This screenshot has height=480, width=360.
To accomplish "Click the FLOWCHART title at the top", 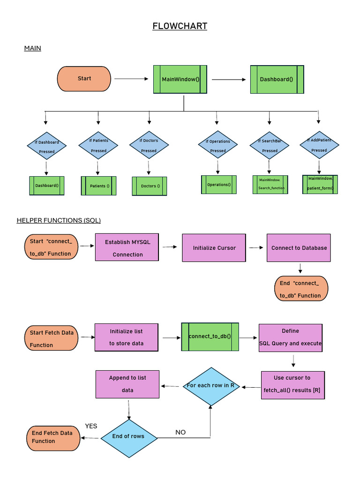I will tap(180, 26).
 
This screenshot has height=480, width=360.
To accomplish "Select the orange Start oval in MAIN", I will tap(84, 79).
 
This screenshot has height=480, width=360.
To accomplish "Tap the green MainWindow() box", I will tap(181, 79).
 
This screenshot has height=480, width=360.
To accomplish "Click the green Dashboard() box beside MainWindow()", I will tap(277, 79).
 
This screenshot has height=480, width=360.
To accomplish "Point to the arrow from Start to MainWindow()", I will tap(131, 79).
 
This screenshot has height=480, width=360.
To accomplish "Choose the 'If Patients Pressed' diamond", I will tap(98, 146).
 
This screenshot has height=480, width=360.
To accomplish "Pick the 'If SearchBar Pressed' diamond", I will tap(270, 146).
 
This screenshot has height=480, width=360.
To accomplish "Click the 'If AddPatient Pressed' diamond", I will tap(319, 145).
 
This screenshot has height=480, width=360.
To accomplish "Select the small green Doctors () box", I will tap(150, 186).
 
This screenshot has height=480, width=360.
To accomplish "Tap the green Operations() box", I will tap(219, 185).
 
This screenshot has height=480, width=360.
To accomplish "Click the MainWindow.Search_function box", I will tap(270, 184).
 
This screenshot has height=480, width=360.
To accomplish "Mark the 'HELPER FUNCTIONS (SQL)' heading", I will tap(59, 220).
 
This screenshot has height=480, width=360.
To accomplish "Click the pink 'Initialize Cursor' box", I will tap(214, 248).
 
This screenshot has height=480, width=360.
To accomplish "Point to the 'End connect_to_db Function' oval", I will tap(300, 289).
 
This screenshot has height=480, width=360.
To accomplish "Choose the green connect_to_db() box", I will tap(210, 337).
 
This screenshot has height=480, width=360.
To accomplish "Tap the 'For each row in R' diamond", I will tap(210, 386).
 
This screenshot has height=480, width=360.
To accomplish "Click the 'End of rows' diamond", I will tap(128, 436).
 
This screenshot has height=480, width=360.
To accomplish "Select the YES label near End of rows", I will tap(91, 426).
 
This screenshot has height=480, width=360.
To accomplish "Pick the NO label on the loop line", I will tap(180, 432).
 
